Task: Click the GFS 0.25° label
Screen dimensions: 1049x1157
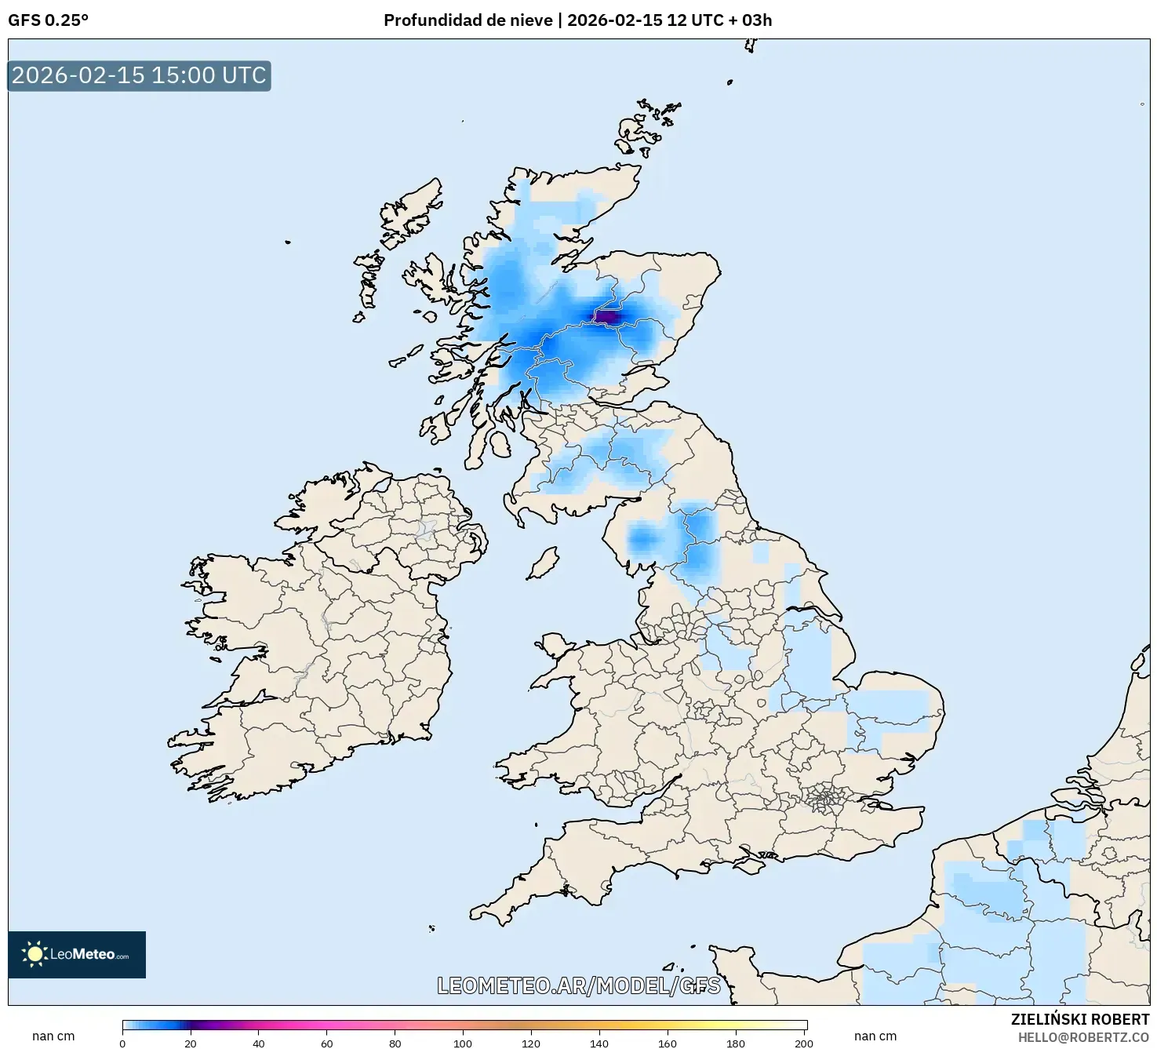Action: (x=48, y=20)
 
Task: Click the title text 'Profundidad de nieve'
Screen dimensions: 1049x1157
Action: (x=468, y=20)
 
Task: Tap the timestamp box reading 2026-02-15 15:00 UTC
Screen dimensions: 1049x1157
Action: (x=139, y=76)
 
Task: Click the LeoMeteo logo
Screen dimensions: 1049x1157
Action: (x=77, y=954)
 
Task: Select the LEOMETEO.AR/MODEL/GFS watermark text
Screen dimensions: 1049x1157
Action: (x=578, y=985)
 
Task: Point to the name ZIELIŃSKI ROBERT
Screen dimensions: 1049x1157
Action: (x=1079, y=1019)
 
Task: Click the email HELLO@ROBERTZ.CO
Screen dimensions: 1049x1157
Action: (x=1083, y=1037)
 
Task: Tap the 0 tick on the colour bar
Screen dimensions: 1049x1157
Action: (x=122, y=1044)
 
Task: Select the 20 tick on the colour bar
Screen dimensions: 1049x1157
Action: (x=191, y=1044)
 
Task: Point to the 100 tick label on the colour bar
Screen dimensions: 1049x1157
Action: (x=463, y=1044)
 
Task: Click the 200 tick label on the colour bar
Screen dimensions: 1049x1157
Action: (x=803, y=1044)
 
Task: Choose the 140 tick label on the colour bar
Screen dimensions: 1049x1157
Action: (x=599, y=1044)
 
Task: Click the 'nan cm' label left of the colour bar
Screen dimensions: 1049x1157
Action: (x=53, y=1036)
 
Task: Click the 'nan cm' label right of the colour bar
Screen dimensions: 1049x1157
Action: (x=875, y=1036)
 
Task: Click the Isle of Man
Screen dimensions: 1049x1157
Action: (x=543, y=563)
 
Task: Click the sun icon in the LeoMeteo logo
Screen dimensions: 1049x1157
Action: (x=35, y=954)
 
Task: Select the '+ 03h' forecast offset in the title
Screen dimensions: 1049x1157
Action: (x=751, y=20)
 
